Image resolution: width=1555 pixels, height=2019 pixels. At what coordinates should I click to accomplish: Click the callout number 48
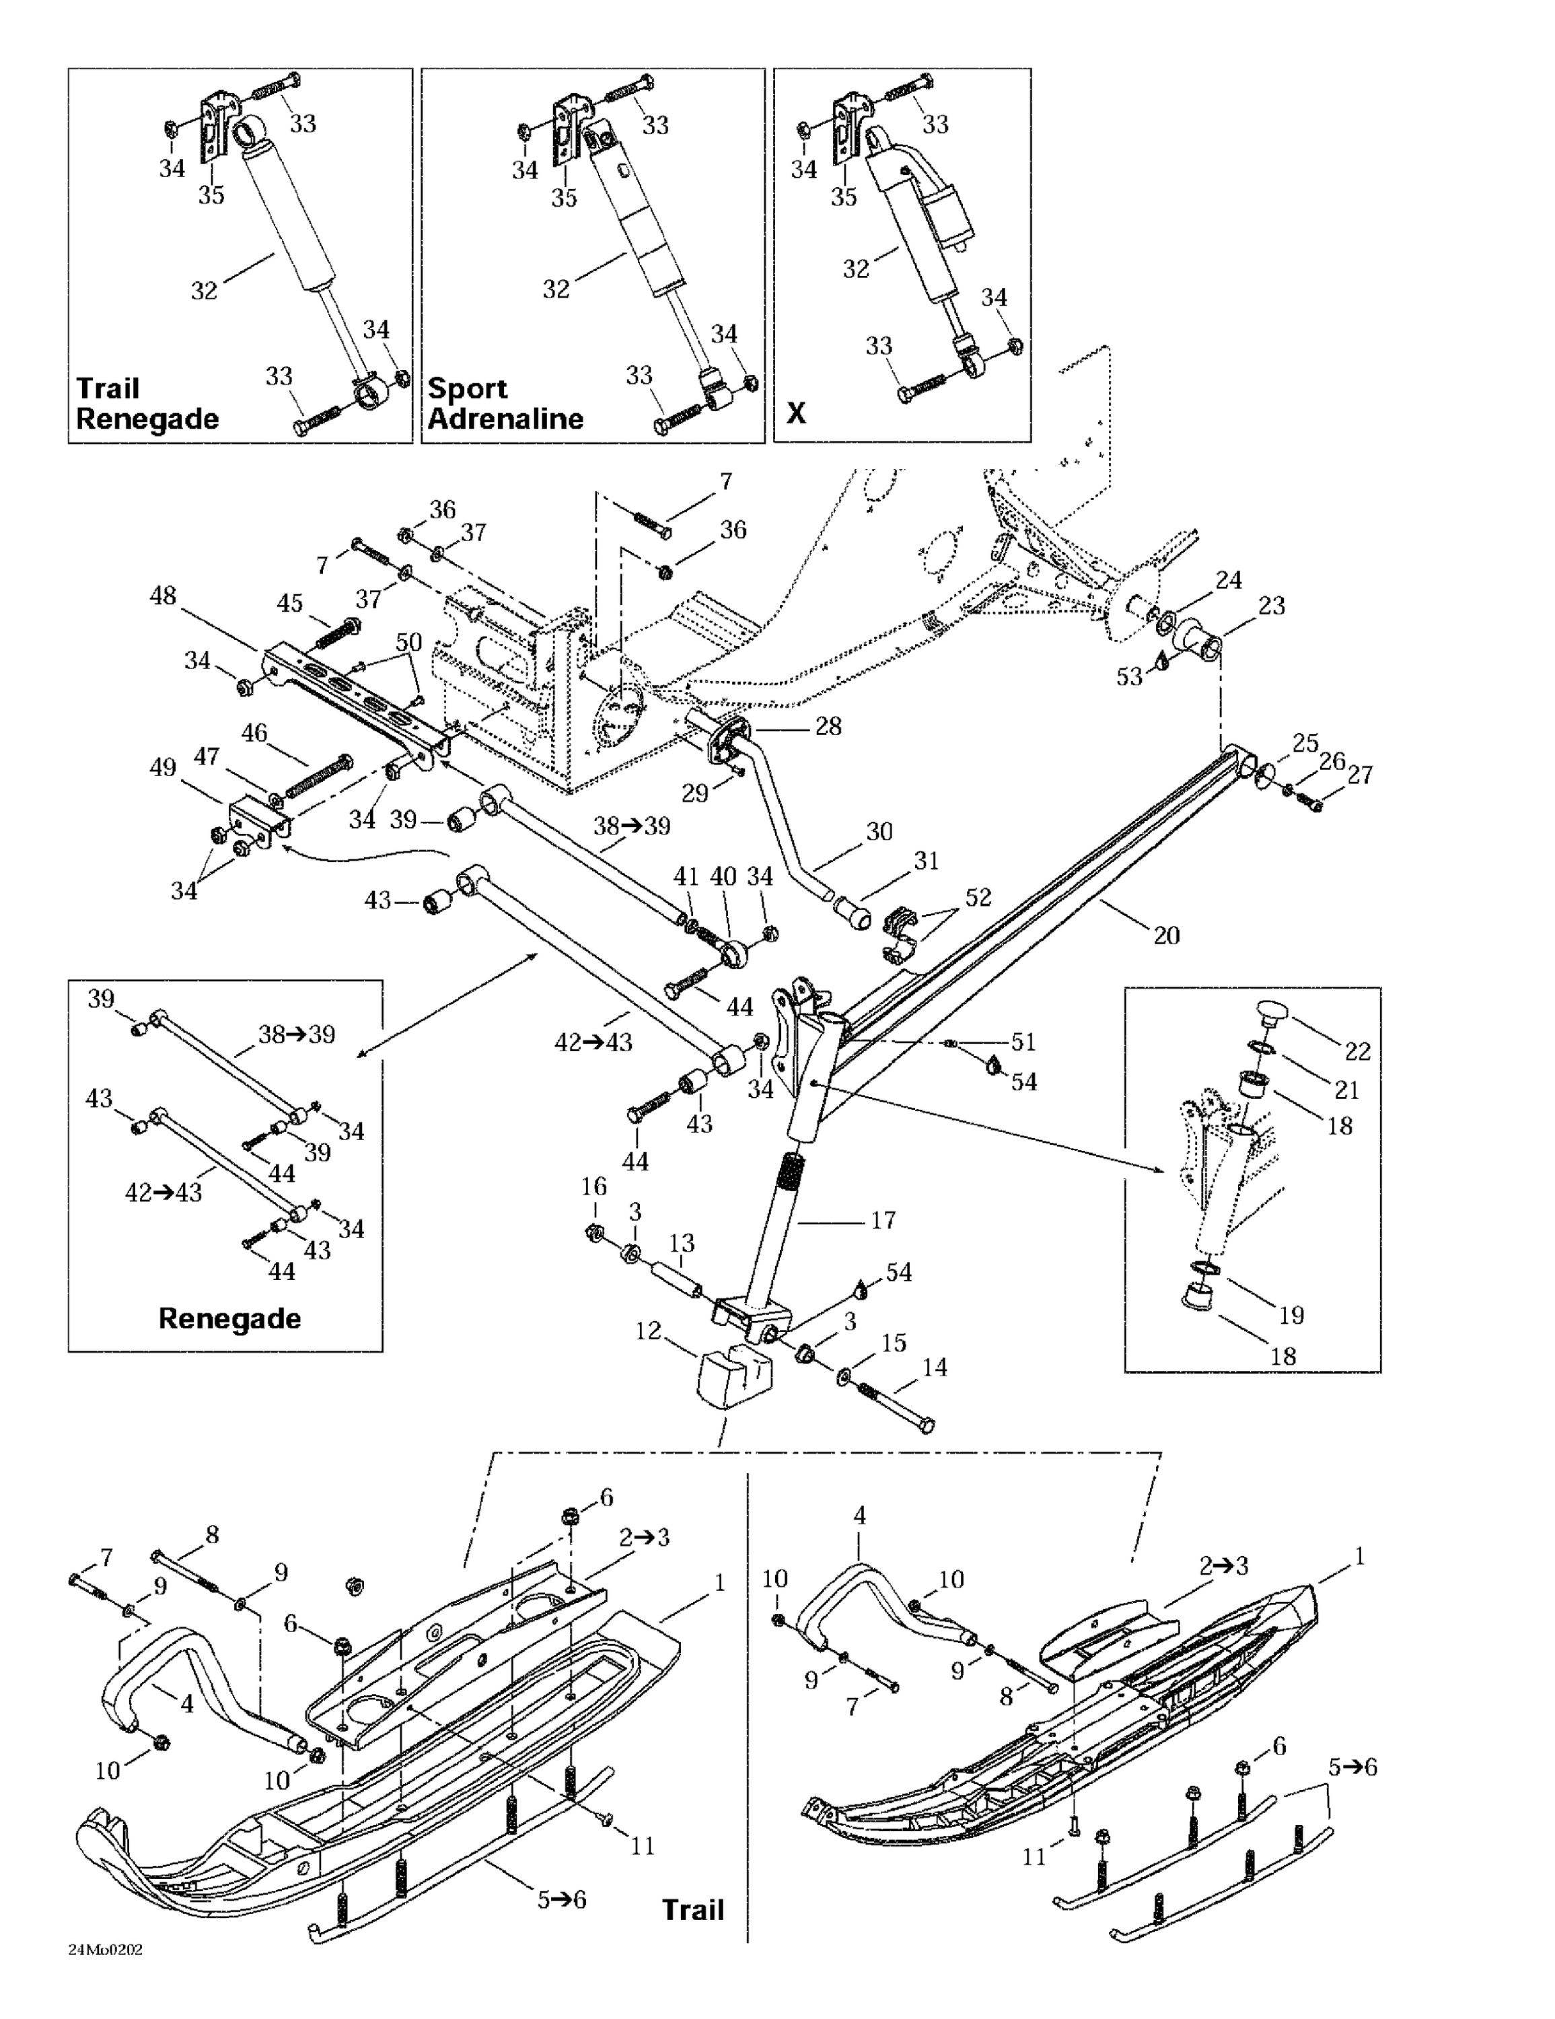(x=163, y=596)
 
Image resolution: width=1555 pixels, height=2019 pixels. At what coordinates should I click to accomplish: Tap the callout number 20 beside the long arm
(x=1167, y=935)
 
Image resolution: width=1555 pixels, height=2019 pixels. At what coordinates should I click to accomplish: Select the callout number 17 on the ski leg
(x=883, y=1220)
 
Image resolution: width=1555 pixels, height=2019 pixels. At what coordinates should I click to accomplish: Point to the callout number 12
(x=648, y=1331)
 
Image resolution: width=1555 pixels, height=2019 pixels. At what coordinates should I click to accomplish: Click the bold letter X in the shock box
(x=796, y=413)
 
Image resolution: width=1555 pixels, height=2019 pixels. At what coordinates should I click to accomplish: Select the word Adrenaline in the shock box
(x=505, y=419)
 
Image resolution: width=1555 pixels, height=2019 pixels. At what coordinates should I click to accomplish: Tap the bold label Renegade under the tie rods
(x=229, y=1318)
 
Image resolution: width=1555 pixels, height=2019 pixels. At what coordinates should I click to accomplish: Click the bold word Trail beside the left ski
(x=692, y=1911)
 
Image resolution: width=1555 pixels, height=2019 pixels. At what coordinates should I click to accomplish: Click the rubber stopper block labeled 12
(x=731, y=1378)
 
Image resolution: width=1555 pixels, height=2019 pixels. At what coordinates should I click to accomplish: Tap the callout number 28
(x=828, y=727)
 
